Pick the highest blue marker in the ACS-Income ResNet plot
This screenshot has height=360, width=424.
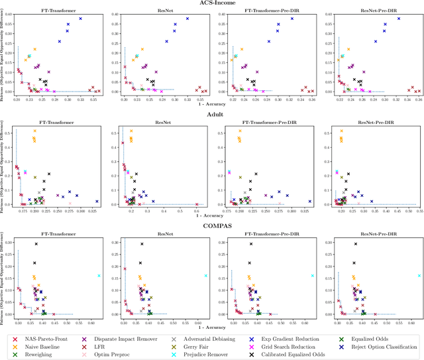click(x=187, y=19)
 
